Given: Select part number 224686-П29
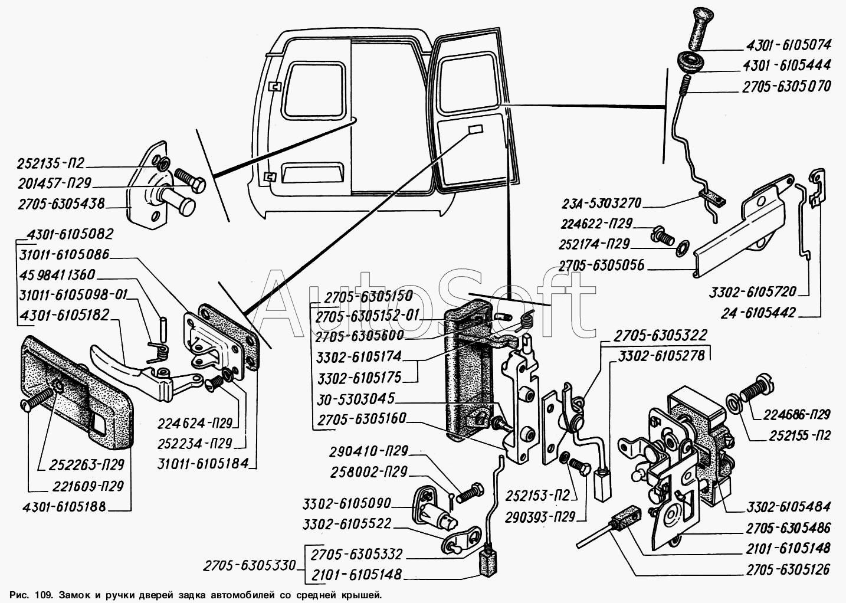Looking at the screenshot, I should tap(788, 414).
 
